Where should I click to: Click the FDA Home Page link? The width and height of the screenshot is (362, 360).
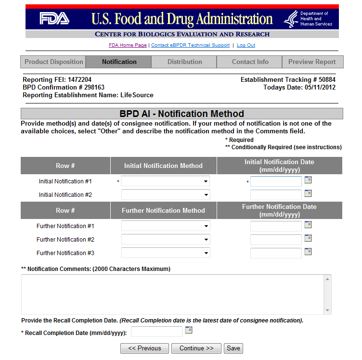[128, 45]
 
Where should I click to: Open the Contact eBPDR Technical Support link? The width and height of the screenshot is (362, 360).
[190, 45]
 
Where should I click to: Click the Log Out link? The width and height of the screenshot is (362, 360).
[246, 45]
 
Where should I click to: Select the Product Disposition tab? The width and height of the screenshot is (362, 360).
[53, 62]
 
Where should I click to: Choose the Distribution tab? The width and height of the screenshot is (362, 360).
[184, 62]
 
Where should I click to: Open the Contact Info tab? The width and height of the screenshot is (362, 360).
[250, 62]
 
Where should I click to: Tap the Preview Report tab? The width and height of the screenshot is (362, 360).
[312, 62]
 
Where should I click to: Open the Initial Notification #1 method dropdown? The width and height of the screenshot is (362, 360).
[166, 181]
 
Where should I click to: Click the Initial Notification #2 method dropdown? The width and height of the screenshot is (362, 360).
[166, 195]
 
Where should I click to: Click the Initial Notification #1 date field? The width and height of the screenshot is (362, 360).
[276, 181]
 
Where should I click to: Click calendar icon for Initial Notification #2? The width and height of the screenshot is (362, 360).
[308, 193]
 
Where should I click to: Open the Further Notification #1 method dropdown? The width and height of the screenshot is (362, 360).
[166, 226]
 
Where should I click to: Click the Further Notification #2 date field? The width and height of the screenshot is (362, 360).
[276, 240]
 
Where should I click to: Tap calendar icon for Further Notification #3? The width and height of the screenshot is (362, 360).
[308, 252]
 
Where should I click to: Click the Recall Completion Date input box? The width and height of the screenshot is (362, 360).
[157, 332]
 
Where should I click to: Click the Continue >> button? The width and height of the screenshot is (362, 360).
[196, 348]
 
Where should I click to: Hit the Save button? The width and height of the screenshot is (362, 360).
[233, 348]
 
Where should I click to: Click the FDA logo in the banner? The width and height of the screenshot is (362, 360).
[54, 19]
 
